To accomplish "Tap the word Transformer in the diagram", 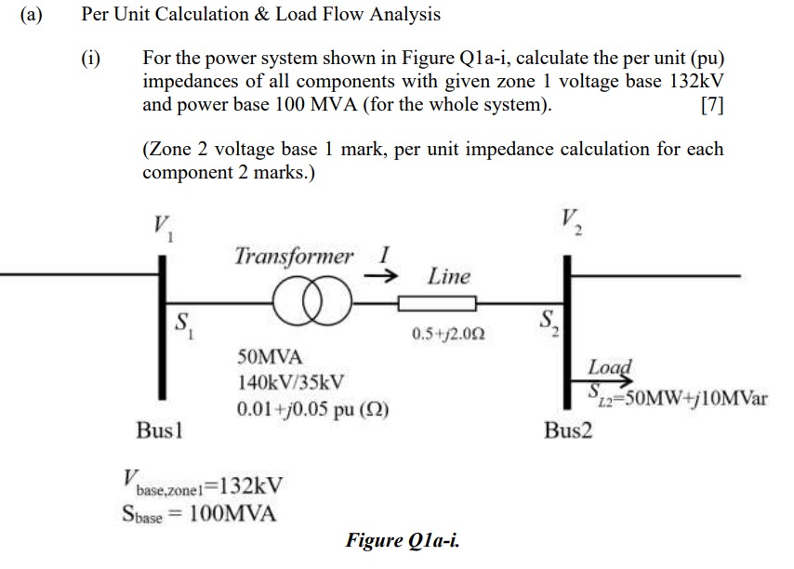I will point(294,256).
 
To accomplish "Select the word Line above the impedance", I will point(449,276).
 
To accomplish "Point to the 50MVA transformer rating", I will point(271,357).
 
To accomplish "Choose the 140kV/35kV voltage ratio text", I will point(291,382).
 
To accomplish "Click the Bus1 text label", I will point(159,432).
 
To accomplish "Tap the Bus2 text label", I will point(568,432).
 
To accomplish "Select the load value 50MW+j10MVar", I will point(677,400).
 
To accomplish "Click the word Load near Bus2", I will point(610,367).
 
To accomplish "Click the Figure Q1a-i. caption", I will point(402,540).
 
